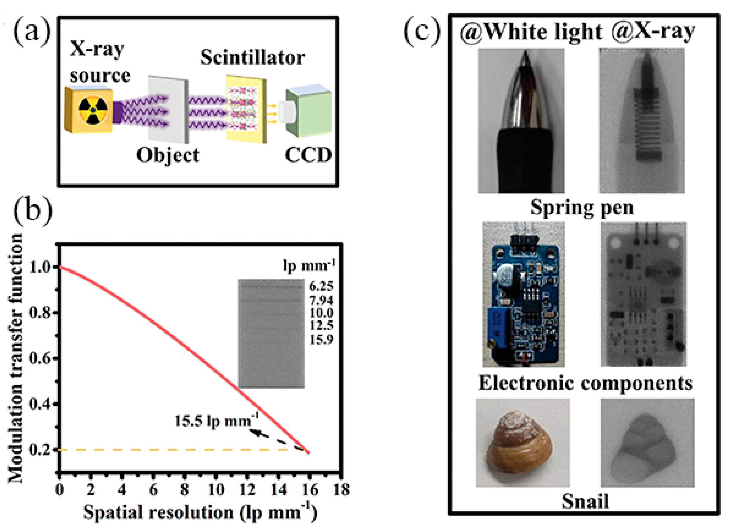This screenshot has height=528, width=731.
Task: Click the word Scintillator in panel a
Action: [x=253, y=58]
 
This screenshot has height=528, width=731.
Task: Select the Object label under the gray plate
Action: [x=168, y=155]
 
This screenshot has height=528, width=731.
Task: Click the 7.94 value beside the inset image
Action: [x=321, y=300]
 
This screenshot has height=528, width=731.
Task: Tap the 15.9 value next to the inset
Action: [x=321, y=339]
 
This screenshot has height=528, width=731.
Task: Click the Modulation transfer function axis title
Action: [x=15, y=358]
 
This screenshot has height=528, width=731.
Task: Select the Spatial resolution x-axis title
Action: [x=200, y=513]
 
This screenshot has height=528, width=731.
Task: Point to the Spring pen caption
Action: [x=582, y=207]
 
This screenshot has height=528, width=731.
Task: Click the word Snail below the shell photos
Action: [x=585, y=501]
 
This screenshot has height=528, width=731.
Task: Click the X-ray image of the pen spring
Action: [x=641, y=121]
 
